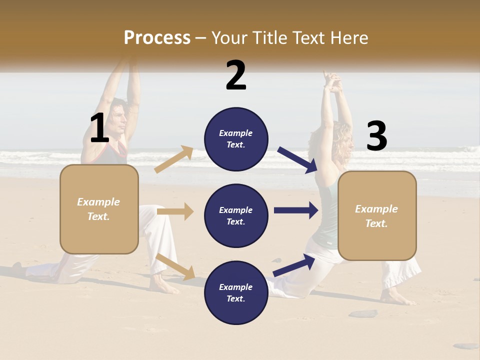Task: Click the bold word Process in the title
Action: point(157,37)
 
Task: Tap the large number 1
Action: point(99,128)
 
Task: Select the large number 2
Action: point(236,75)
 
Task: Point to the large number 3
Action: point(376,136)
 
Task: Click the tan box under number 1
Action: point(99,209)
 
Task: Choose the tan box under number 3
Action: point(377,215)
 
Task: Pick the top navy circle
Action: point(236,139)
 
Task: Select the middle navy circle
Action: point(236,215)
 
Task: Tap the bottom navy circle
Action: point(236,292)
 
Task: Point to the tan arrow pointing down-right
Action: point(175,266)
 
